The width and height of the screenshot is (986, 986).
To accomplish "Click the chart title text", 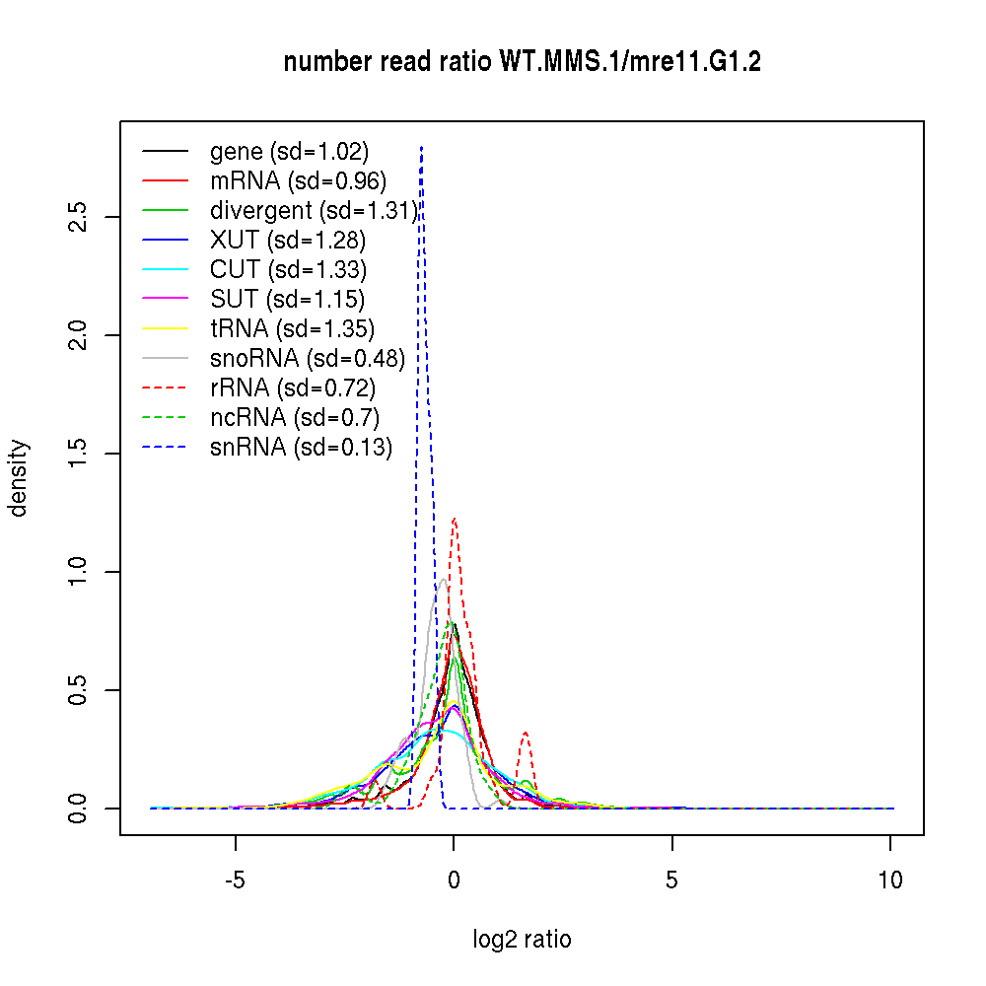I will pos(522,62).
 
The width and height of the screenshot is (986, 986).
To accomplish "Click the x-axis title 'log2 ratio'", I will pos(522,940).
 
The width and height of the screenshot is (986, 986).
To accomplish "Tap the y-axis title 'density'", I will pos(19,478).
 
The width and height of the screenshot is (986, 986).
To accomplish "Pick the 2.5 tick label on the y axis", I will pos(79,217).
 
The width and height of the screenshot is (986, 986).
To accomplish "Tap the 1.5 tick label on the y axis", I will pos(79,454).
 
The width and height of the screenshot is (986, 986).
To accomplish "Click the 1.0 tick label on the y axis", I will pos(79,572).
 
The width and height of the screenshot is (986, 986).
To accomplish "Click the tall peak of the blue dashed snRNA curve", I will pos(421,148).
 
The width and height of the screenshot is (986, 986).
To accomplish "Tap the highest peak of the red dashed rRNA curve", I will pos(454,519).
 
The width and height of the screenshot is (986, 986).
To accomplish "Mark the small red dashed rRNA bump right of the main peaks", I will pos(526,733).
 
